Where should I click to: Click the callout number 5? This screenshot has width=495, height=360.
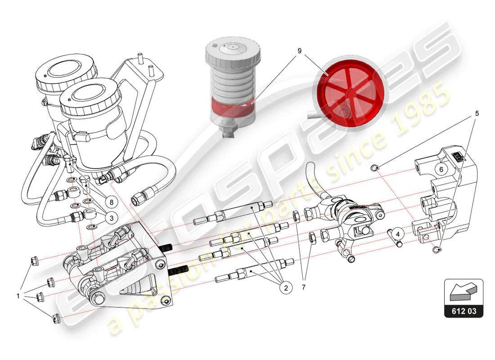coord(477,113)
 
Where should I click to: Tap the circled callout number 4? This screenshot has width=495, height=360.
coord(397,233)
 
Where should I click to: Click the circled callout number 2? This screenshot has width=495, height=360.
coord(285,287)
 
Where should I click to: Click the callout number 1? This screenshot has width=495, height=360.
coord(18,297)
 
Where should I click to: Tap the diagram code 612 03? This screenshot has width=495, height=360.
coord(463,310)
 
